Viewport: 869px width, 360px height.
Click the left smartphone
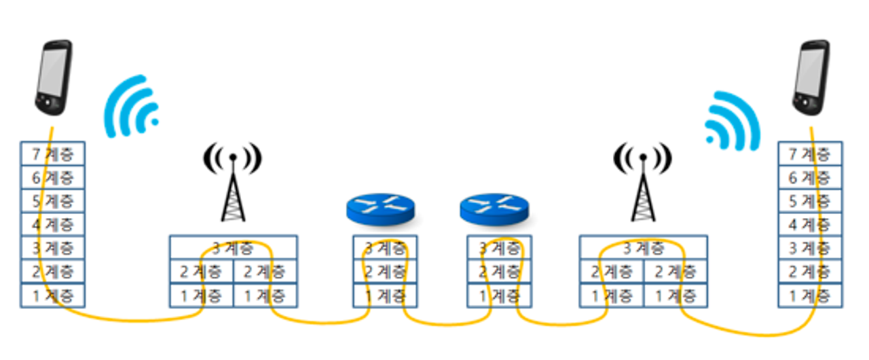(x=54, y=78)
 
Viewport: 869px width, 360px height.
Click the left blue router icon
(x=380, y=208)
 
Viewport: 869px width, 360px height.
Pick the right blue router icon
(x=494, y=208)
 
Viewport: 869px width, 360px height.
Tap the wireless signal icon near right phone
(x=733, y=122)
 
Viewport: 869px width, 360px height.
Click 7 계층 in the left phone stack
(x=53, y=154)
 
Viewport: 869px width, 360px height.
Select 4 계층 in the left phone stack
(x=53, y=224)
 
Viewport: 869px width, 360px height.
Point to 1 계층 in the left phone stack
(x=53, y=295)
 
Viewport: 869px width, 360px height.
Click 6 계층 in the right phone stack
(x=810, y=177)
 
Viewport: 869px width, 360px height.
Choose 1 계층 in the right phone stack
(x=810, y=295)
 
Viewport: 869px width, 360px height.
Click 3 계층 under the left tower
(x=233, y=248)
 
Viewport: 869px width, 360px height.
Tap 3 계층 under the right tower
(x=643, y=248)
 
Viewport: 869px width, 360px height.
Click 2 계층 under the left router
(x=385, y=272)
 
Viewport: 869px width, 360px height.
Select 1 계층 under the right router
(x=499, y=295)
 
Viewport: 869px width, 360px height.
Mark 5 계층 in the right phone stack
(x=810, y=201)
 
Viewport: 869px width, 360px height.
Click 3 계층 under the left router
(x=385, y=248)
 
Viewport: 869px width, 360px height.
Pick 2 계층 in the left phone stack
(x=53, y=271)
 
